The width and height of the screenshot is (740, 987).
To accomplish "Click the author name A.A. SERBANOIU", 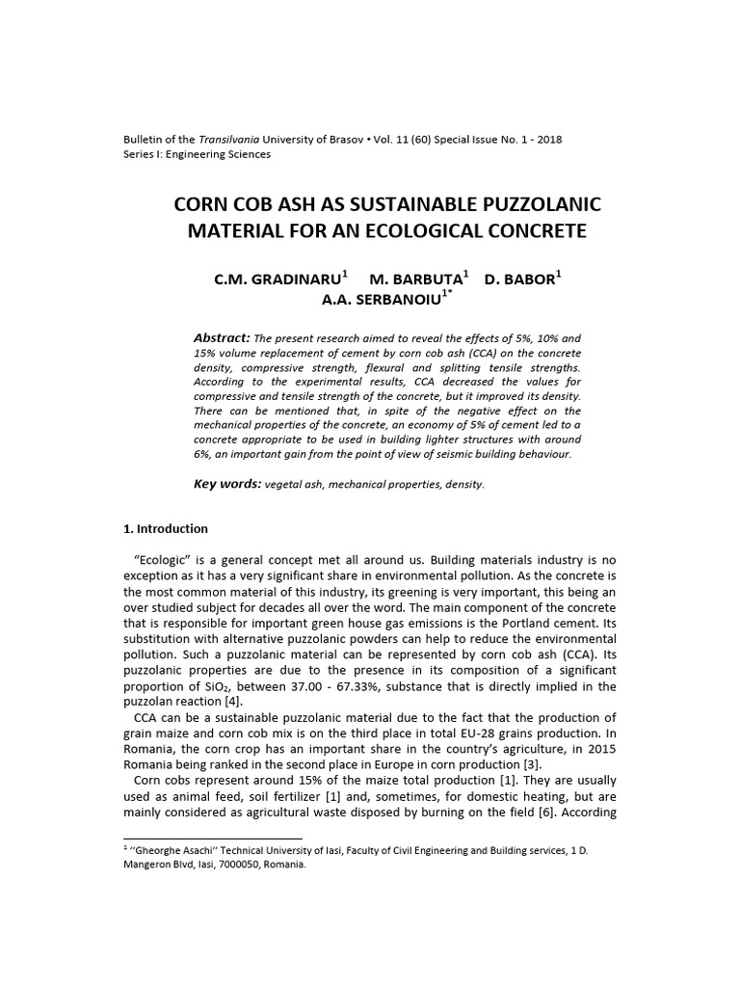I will coord(380,300).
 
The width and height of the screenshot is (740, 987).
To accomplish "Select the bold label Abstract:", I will coord(222,338).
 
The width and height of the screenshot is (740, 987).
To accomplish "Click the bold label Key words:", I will coord(227,484).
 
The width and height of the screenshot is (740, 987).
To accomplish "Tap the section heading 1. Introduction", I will coord(166,529).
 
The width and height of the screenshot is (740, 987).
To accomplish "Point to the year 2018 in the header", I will coord(550,140).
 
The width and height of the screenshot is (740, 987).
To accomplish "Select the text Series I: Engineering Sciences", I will coord(198,154).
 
